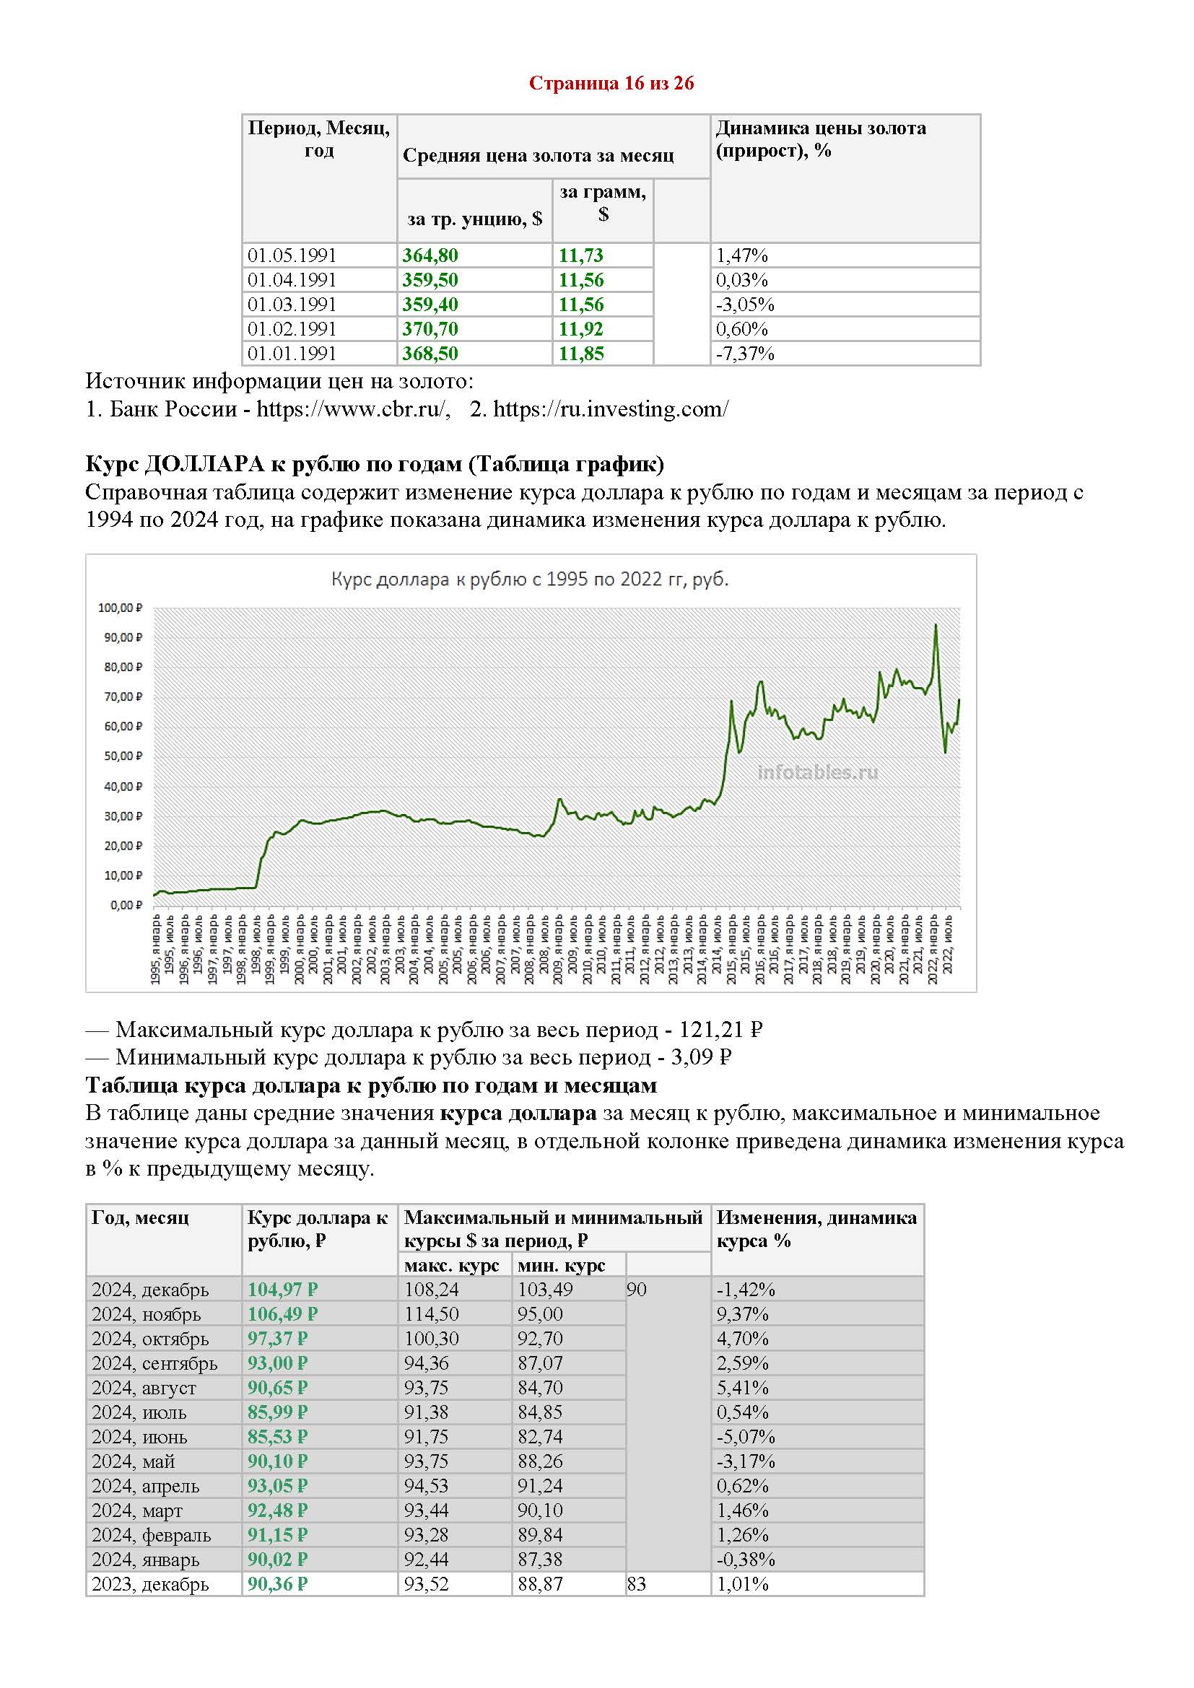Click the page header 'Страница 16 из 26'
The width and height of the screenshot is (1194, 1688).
tap(611, 83)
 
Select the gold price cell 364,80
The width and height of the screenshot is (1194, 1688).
tap(430, 256)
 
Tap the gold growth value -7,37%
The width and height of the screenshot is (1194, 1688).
tap(745, 354)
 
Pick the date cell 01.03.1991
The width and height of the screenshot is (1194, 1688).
tap(292, 305)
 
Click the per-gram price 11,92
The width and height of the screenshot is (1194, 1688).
tap(581, 328)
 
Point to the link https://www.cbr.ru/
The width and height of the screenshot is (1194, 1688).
tap(352, 409)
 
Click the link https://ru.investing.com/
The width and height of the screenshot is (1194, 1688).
tap(611, 409)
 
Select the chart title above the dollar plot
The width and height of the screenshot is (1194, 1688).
tap(529, 580)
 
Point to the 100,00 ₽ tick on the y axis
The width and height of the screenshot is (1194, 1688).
tap(121, 608)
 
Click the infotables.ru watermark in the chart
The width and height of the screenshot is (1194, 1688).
tap(818, 772)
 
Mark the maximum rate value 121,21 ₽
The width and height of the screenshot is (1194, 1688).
tap(720, 1030)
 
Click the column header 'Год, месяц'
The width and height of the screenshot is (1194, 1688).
tap(141, 1218)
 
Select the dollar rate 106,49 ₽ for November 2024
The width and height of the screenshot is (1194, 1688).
tap(282, 1314)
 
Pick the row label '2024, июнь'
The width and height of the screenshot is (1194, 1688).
tap(140, 1438)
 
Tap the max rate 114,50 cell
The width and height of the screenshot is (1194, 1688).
tap(432, 1314)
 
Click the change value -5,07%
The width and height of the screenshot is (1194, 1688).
tap(746, 1438)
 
